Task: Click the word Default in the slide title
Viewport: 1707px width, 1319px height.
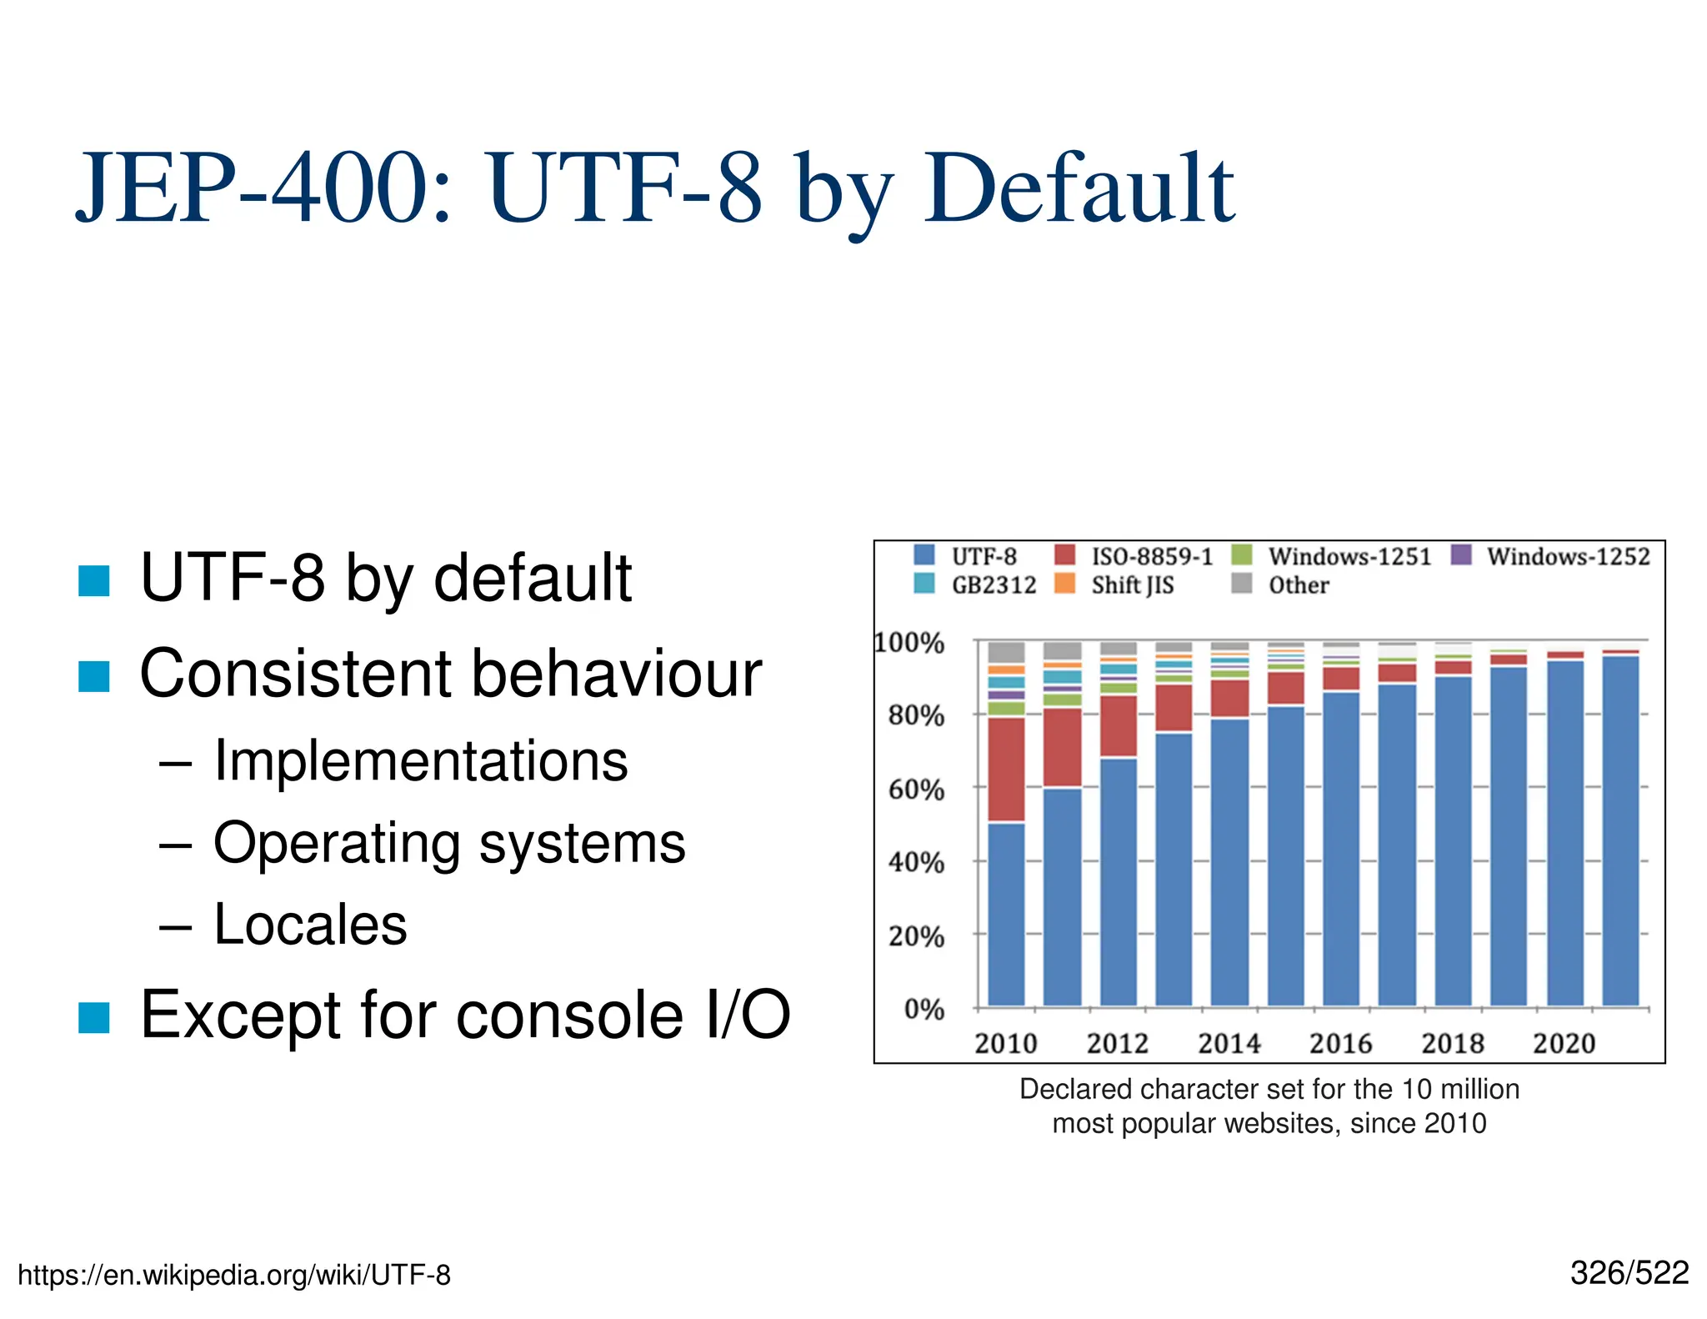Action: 1079,189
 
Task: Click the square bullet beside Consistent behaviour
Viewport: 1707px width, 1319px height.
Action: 94,676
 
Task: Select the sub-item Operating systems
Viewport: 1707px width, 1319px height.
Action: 449,843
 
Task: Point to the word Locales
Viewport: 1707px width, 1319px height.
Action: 310,925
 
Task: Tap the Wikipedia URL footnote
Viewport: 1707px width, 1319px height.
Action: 234,1275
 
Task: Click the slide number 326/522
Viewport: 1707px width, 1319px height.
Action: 1629,1273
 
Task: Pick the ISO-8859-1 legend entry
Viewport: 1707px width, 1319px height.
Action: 1151,556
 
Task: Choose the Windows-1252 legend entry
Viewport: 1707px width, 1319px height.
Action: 1567,556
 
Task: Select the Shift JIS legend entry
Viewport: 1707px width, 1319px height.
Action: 1131,585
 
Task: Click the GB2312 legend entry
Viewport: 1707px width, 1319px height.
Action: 993,585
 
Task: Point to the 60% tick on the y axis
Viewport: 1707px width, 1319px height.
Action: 916,789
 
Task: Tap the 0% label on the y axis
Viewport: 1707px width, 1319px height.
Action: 924,1010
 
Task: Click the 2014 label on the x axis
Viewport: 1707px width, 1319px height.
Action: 1229,1043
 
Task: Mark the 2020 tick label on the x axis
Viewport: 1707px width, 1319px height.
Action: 1564,1043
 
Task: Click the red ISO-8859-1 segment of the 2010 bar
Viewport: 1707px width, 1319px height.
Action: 1006,769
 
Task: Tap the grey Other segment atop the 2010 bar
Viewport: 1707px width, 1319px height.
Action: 1006,652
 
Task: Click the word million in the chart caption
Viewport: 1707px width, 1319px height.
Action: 1472,1089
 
